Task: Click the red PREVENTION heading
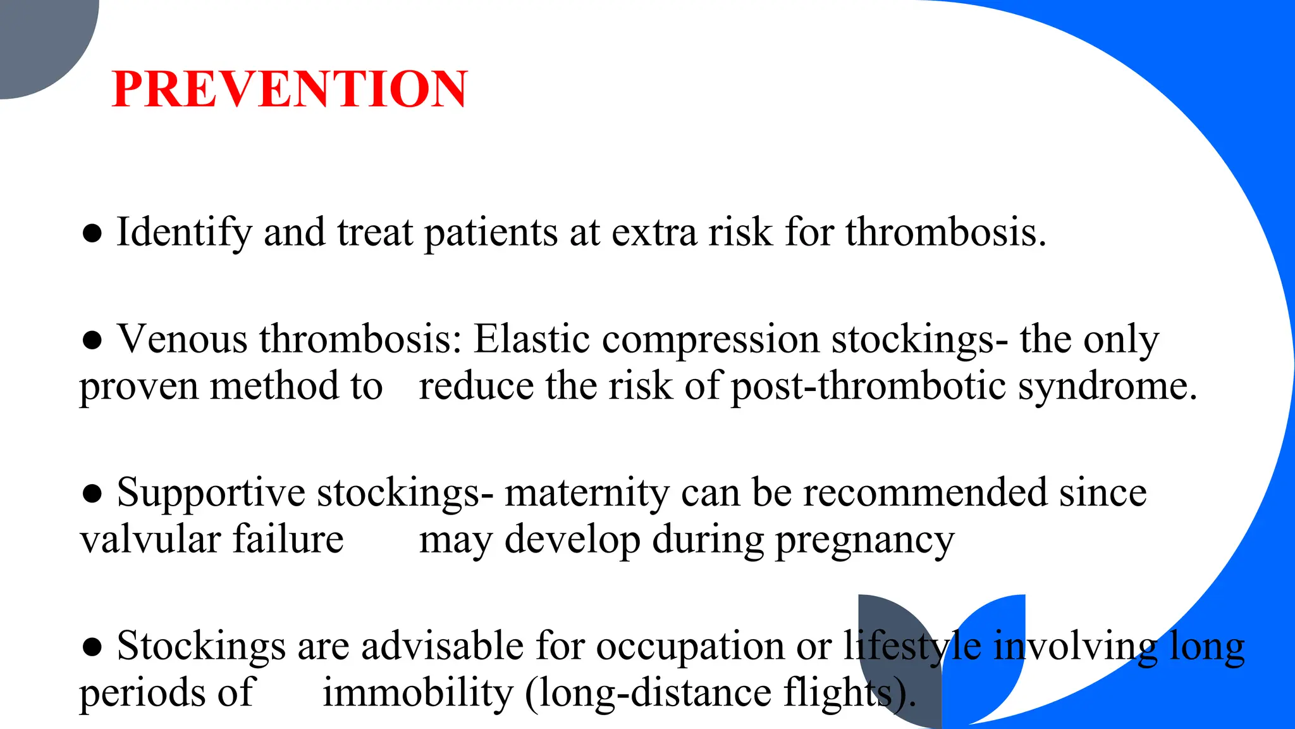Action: click(x=290, y=89)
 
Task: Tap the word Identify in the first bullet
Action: click(x=184, y=232)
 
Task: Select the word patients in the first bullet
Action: click(x=491, y=232)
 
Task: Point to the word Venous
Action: click(x=182, y=339)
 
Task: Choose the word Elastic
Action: click(x=532, y=339)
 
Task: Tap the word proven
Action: click(x=138, y=387)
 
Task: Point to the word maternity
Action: click(x=586, y=493)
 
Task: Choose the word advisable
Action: click(x=442, y=646)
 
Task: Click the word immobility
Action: click(x=417, y=692)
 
